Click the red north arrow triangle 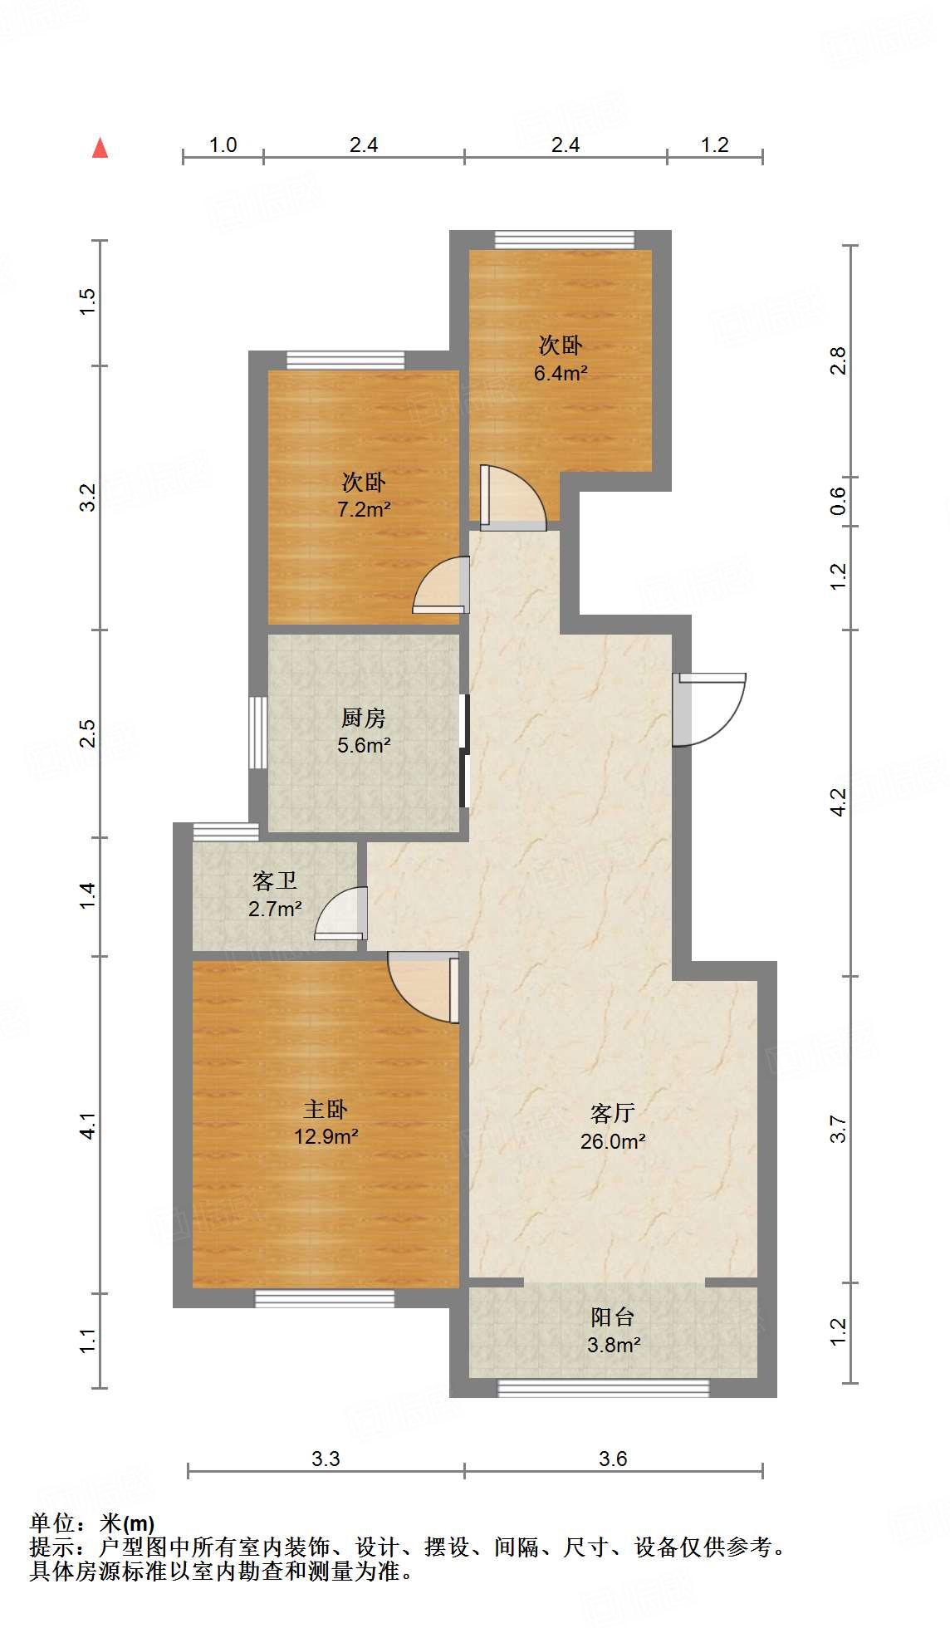click(100, 149)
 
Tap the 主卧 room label click(326, 1109)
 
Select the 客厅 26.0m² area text click(613, 1141)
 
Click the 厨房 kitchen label click(364, 717)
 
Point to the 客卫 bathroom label click(275, 880)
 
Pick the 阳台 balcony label click(613, 1317)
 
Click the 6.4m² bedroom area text click(561, 373)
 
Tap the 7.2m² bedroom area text click(364, 509)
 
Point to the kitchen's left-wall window click(258, 732)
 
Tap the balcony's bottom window click(604, 1387)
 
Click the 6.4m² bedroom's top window click(565, 240)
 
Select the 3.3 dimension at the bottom click(326, 1459)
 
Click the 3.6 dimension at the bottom click(613, 1459)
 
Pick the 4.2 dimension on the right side click(838, 802)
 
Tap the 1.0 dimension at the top click(223, 145)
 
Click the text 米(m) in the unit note click(127, 1523)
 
